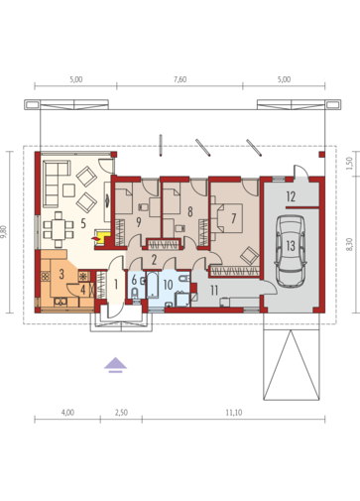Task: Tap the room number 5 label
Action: (x=83, y=223)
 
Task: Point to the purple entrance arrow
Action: (x=115, y=365)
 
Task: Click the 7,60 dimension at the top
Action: (x=180, y=79)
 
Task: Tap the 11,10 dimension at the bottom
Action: (x=234, y=413)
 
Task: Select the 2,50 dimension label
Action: (x=121, y=413)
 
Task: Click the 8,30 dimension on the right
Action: (x=350, y=245)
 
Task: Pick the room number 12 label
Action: (x=291, y=196)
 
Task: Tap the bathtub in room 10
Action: (x=153, y=284)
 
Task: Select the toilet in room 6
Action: (x=135, y=294)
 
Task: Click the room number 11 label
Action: (x=214, y=291)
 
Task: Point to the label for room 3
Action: (x=61, y=274)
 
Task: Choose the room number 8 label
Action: (x=189, y=211)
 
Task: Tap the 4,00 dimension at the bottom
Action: (x=67, y=413)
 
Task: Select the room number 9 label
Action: (x=139, y=222)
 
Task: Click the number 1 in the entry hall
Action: (x=116, y=284)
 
